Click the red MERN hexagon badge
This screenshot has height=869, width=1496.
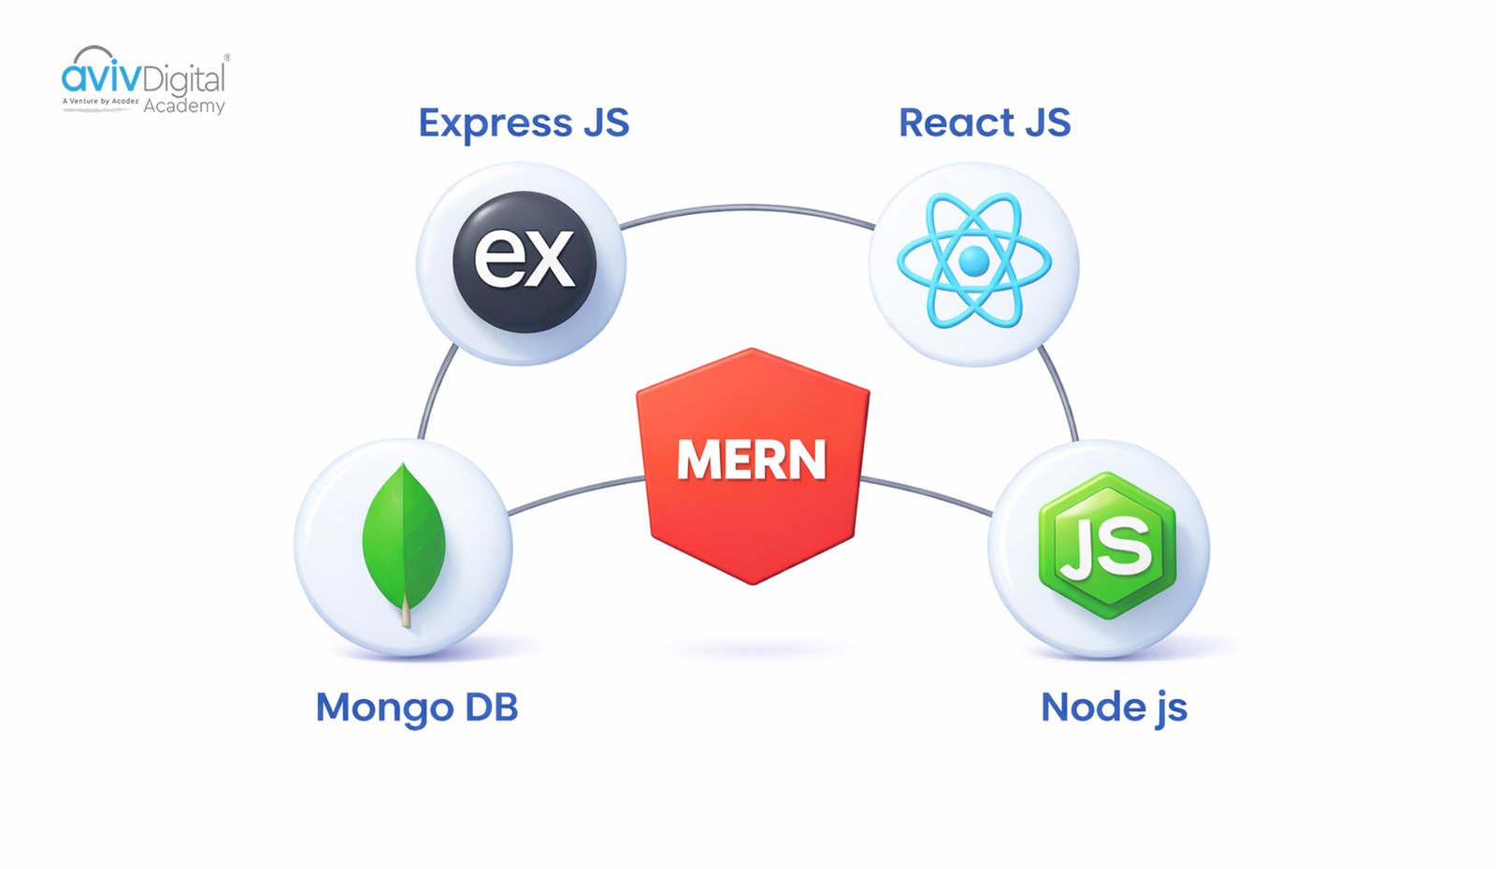pos(753,464)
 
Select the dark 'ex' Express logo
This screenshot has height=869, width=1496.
pos(525,261)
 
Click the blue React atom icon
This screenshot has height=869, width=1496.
pos(974,262)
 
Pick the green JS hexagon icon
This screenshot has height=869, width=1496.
pos(1107,546)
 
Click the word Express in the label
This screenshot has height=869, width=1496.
pos(495,123)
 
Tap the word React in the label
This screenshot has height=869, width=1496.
pos(956,123)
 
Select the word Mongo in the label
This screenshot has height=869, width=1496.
pos(384,708)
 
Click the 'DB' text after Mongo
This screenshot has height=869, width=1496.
pos(491,707)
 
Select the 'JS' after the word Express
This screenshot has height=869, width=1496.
pos(606,123)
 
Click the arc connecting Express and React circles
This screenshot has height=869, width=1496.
pos(748,208)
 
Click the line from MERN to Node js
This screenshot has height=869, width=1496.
pos(926,493)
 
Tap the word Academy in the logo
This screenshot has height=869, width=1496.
pos(184,107)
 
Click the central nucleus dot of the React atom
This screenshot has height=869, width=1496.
pos(974,262)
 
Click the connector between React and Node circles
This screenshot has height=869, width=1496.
pos(1060,392)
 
